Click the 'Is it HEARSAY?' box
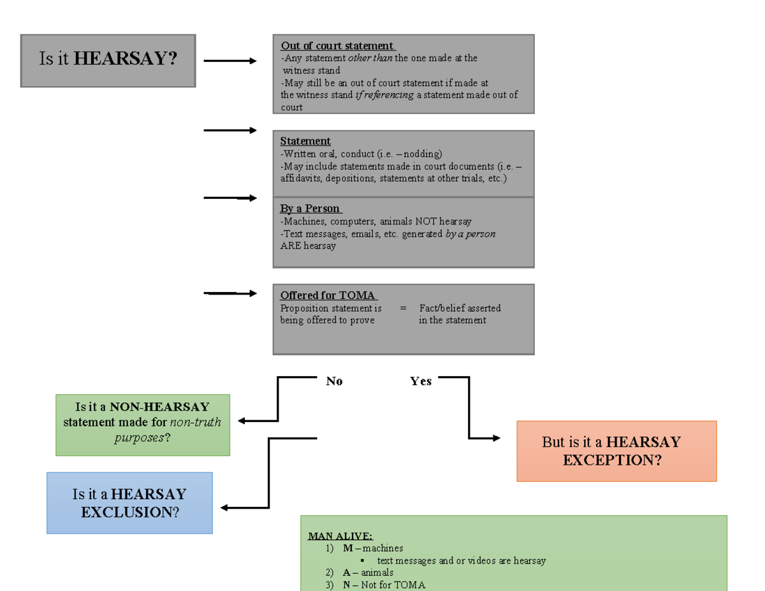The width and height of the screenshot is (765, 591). (108, 61)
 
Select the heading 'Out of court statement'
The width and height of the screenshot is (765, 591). (337, 46)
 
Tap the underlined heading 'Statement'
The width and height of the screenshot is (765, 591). (305, 141)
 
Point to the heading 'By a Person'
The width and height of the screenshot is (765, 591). (310, 208)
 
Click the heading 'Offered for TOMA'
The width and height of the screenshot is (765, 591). (328, 295)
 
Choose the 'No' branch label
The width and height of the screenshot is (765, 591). (334, 381)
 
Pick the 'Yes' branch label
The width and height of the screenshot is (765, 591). (421, 381)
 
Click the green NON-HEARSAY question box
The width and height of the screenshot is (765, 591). (142, 425)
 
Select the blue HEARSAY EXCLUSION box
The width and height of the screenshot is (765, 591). (129, 502)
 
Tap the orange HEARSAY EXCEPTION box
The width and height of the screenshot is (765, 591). (616, 451)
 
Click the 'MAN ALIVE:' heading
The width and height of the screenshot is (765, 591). (340, 536)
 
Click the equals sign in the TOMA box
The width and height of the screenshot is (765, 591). (403, 308)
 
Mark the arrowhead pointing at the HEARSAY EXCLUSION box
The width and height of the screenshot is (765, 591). (225, 508)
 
